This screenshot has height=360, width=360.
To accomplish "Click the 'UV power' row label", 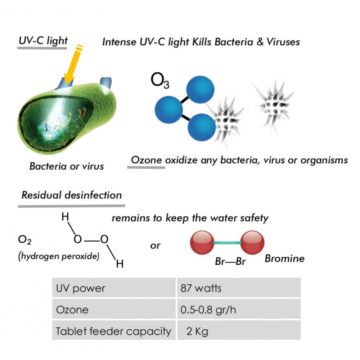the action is (81, 288).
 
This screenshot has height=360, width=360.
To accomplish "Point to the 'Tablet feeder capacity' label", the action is (114, 332).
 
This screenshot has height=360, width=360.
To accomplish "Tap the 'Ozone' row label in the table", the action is (72, 310).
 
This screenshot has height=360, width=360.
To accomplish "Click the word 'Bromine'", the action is (285, 258).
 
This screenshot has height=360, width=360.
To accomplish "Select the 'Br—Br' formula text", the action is (230, 261).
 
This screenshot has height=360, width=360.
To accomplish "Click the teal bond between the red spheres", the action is (227, 242).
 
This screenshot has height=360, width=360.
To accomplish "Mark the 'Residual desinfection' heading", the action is (72, 195).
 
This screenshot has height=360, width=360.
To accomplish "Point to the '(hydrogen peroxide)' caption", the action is (59, 256).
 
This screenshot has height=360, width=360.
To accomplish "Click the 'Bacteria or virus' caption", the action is (67, 166).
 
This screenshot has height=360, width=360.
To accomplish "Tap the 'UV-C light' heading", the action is (43, 41).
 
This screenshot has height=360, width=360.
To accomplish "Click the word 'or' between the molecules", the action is (155, 246).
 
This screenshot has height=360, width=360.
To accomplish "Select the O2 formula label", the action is (24, 240).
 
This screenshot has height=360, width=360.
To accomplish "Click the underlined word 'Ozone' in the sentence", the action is (146, 160).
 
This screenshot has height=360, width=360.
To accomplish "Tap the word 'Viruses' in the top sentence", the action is (283, 42).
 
